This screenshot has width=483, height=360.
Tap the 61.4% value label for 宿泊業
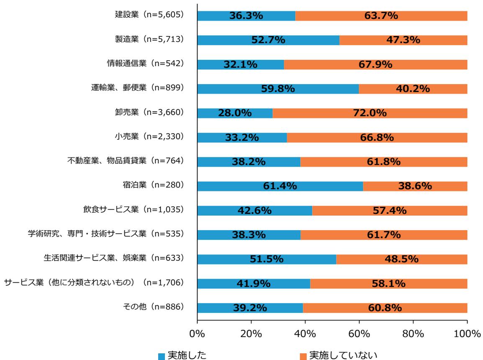(x=280, y=186)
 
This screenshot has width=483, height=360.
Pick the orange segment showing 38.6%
(x=415, y=186)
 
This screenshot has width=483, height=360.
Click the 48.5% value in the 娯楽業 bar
(x=401, y=259)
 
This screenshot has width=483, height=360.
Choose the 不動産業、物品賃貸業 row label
(x=126, y=162)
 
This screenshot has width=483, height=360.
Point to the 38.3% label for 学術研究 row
(x=249, y=235)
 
